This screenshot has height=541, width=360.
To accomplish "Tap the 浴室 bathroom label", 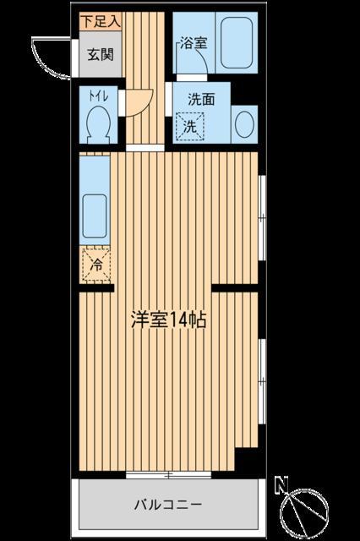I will coord(191,45).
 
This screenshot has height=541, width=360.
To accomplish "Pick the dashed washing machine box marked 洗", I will coord(190,127).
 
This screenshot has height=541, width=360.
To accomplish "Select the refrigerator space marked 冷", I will coord(96,265).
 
